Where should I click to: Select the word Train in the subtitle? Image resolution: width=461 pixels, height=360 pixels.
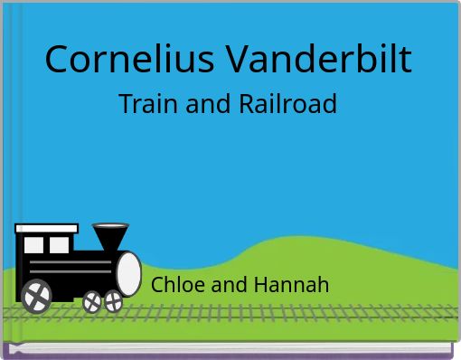tap(149, 105)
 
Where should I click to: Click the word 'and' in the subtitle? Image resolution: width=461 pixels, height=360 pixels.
tap(209, 105)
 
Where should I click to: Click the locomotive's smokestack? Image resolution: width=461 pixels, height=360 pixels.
tap(110, 238)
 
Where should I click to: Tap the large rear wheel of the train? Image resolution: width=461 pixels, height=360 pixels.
tap(36, 294)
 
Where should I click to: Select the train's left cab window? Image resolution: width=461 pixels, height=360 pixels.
tap(33, 245)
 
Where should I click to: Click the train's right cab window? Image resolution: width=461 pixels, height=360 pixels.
tap(60, 245)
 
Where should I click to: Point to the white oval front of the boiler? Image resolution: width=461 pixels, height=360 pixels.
tap(128, 273)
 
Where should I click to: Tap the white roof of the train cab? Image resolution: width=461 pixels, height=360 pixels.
tap(46, 229)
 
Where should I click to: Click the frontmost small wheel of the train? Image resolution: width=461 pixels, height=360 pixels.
tap(114, 301)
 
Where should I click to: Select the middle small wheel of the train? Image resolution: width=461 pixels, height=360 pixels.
tap(92, 302)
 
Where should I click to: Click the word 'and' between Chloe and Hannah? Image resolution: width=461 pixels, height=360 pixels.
tap(230, 285)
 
